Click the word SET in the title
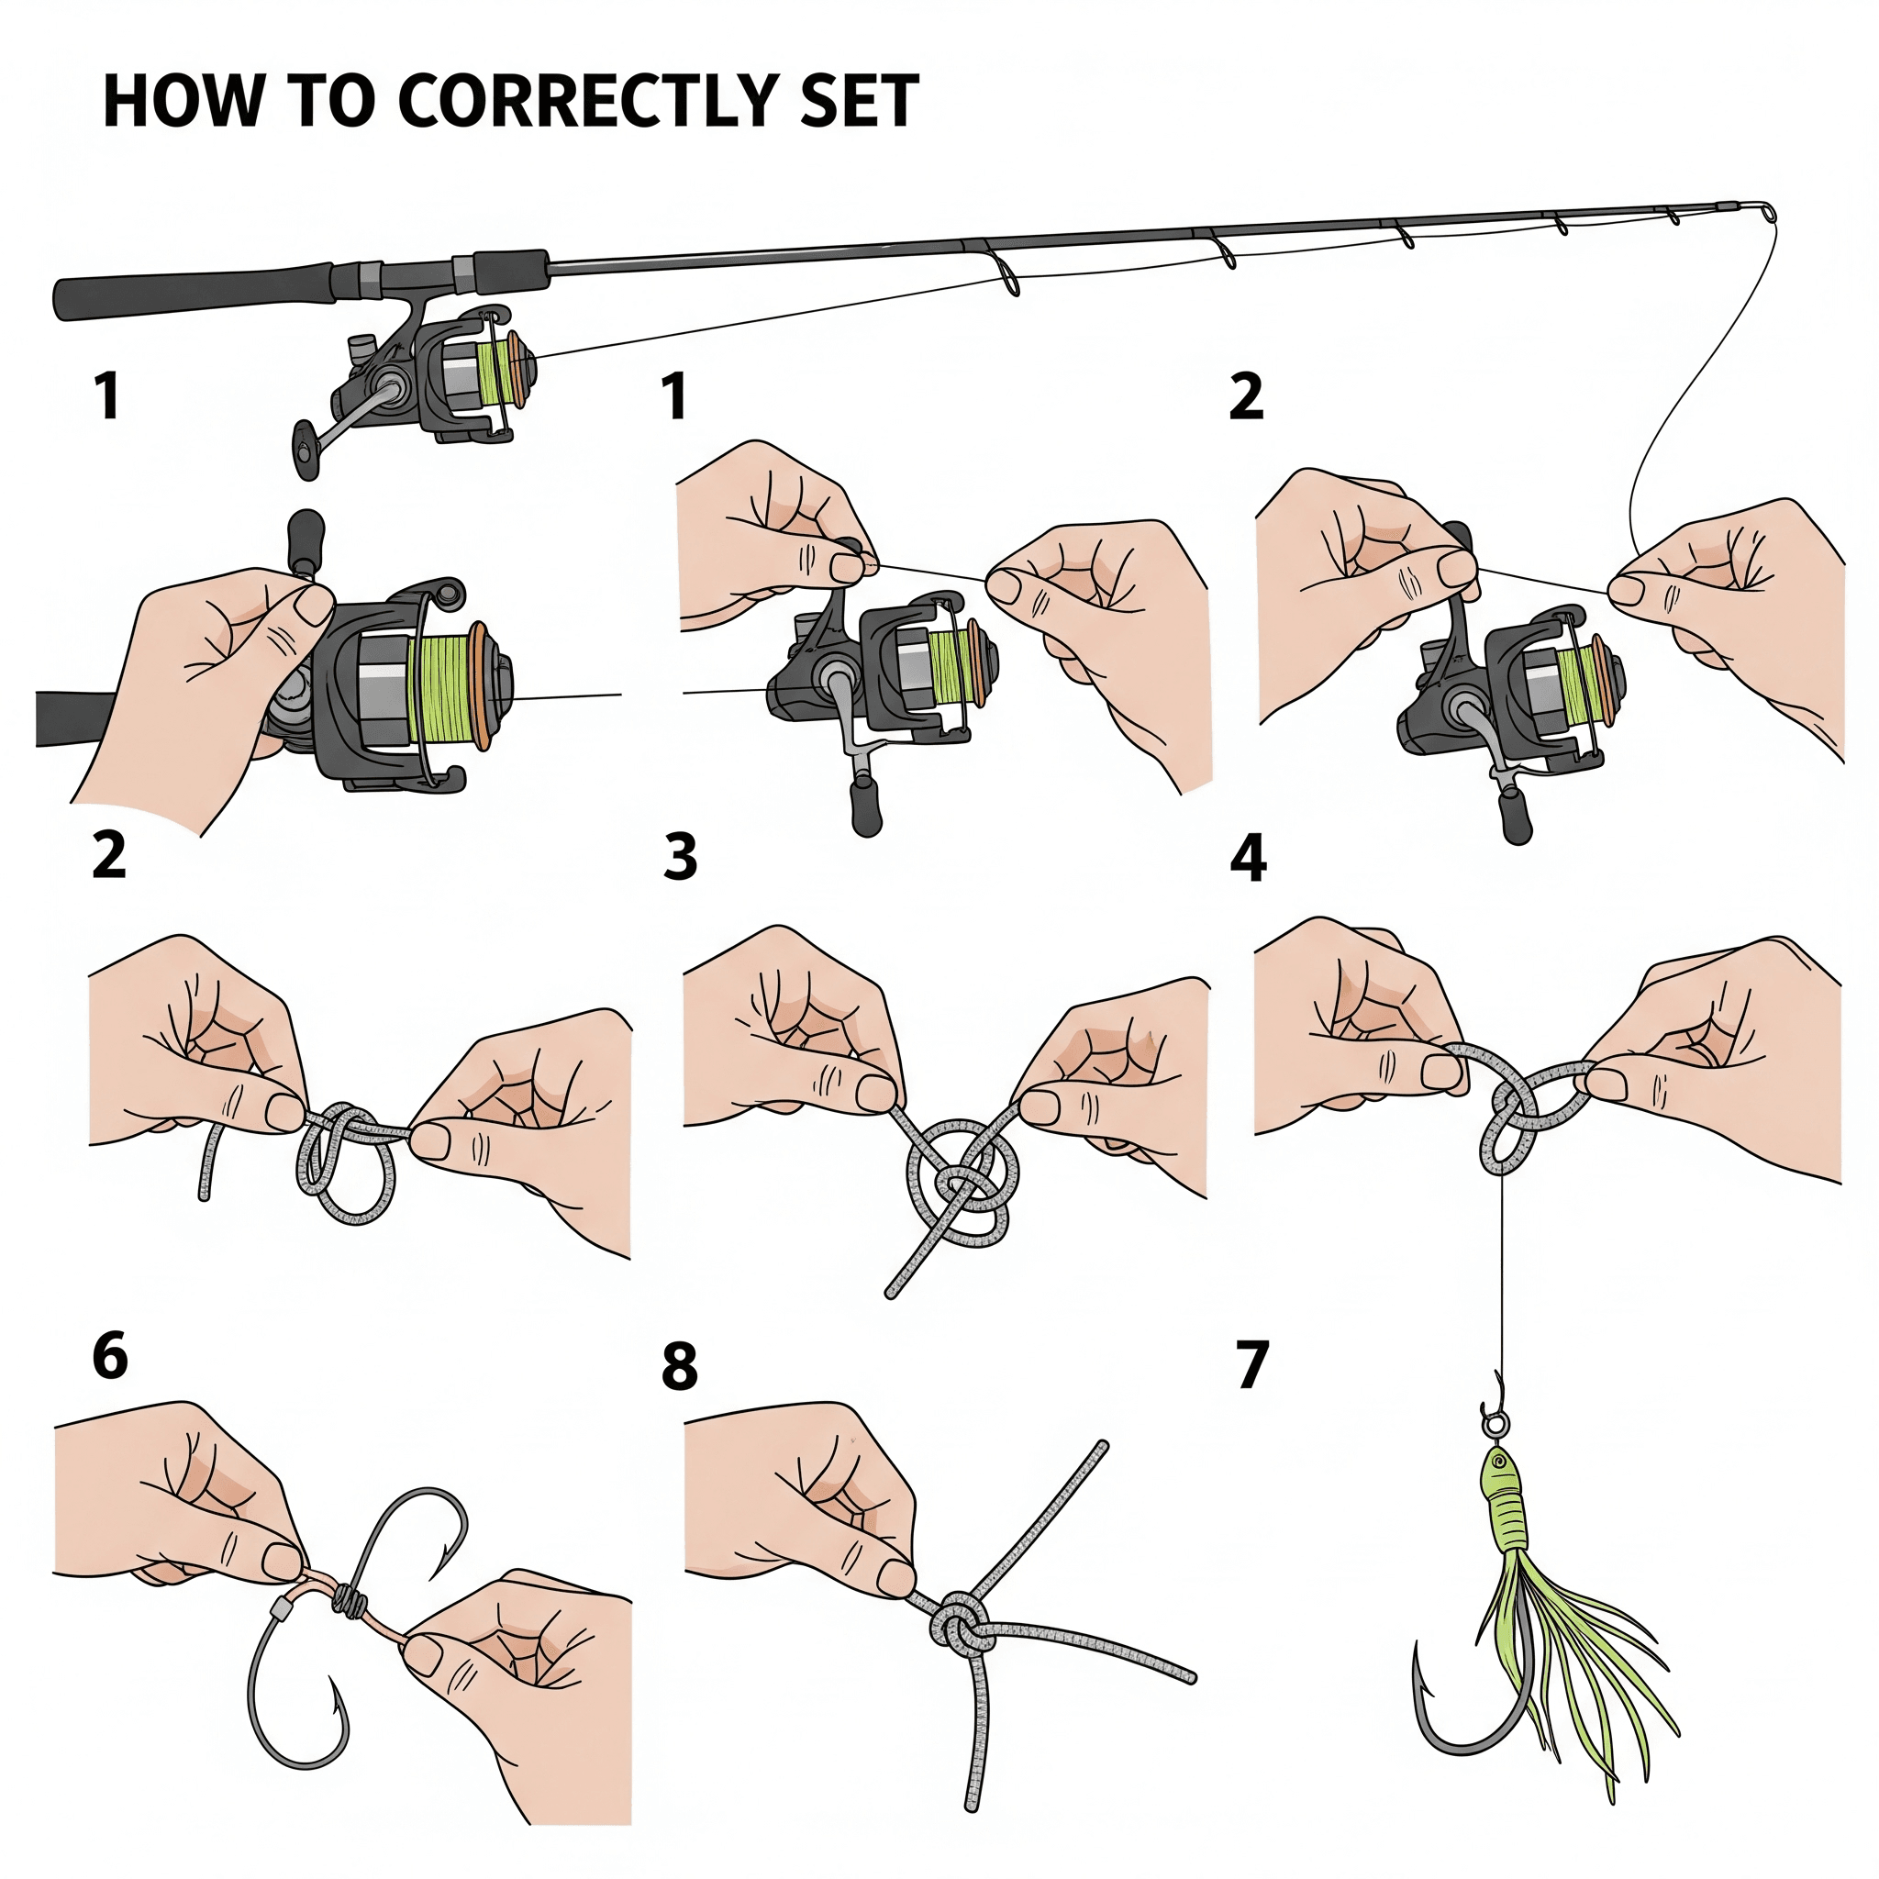pyautogui.click(x=859, y=100)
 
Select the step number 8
pyautogui.click(x=680, y=1365)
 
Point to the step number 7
pyautogui.click(x=1252, y=1364)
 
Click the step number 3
pyautogui.click(x=680, y=858)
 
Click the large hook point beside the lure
pyautogui.click(x=1418, y=1654)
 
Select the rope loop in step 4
pyautogui.click(x=1510, y=1133)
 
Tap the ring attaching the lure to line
pyautogui.click(x=1494, y=1425)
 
